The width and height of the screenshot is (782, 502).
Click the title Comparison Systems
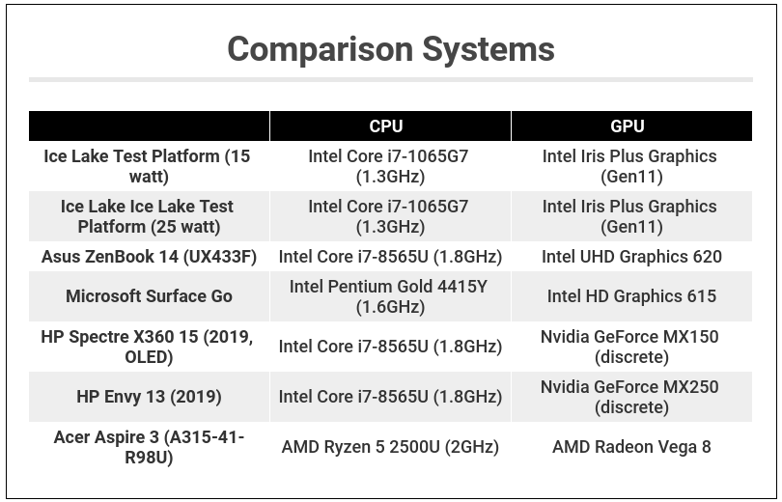pos(390,49)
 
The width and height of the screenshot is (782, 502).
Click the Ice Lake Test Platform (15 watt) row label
pos(148,166)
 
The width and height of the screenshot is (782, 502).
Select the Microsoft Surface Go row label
pos(149,296)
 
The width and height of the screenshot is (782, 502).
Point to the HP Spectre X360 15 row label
pos(148,347)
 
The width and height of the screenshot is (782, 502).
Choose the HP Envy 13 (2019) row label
pos(149,397)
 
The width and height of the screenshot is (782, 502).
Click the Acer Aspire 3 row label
pos(149,447)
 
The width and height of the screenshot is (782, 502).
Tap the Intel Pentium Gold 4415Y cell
pos(390,296)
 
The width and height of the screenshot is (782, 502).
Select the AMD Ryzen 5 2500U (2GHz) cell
pos(390,447)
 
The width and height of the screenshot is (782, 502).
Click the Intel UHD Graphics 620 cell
pos(631,257)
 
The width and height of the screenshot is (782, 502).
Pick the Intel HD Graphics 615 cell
pos(631,296)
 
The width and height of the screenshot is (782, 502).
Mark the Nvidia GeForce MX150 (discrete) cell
pos(631,347)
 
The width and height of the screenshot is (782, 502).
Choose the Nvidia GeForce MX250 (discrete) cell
pos(631,397)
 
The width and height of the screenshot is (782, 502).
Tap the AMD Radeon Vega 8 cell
pos(631,447)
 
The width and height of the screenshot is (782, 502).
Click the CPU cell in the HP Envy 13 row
pos(390,397)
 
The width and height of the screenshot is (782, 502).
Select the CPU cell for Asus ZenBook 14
pos(390,257)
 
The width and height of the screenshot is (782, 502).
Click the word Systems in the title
pos(482,49)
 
